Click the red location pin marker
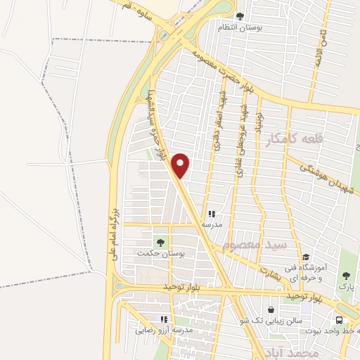click(x=181, y=165)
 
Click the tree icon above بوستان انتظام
click(x=240, y=15)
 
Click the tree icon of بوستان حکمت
click(x=160, y=243)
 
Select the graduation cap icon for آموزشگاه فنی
click(x=305, y=257)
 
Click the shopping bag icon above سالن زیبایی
click(x=271, y=309)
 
